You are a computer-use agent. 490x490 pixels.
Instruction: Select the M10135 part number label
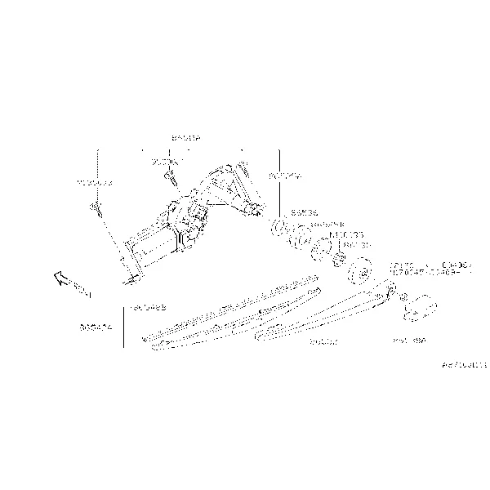342,234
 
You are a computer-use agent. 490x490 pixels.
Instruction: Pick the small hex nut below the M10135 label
336,261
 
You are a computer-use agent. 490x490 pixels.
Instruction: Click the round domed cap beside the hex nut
359,271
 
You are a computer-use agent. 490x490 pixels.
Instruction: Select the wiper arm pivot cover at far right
421,307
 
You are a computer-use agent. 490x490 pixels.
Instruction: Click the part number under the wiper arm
323,342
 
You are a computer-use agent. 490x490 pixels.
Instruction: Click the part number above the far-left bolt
94,183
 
